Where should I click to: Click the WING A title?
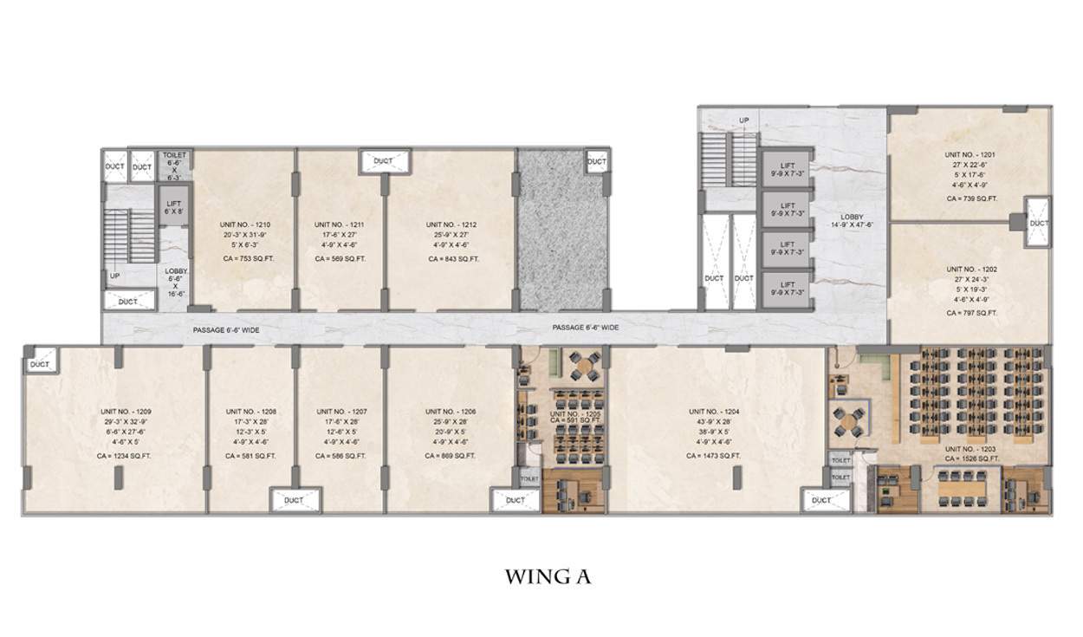click(548, 577)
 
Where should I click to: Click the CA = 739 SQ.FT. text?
click(970, 198)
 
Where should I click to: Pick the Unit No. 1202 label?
click(971, 270)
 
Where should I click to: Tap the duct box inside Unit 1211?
click(382, 161)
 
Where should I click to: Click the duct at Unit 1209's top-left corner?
click(40, 364)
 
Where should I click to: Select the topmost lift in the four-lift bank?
click(787, 171)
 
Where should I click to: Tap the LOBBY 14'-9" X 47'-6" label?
click(850, 223)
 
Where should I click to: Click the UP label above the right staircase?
click(743, 120)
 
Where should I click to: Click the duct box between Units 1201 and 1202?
click(1038, 223)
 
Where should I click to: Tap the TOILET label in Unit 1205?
click(529, 478)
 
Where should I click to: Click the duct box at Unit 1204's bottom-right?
click(820, 500)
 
